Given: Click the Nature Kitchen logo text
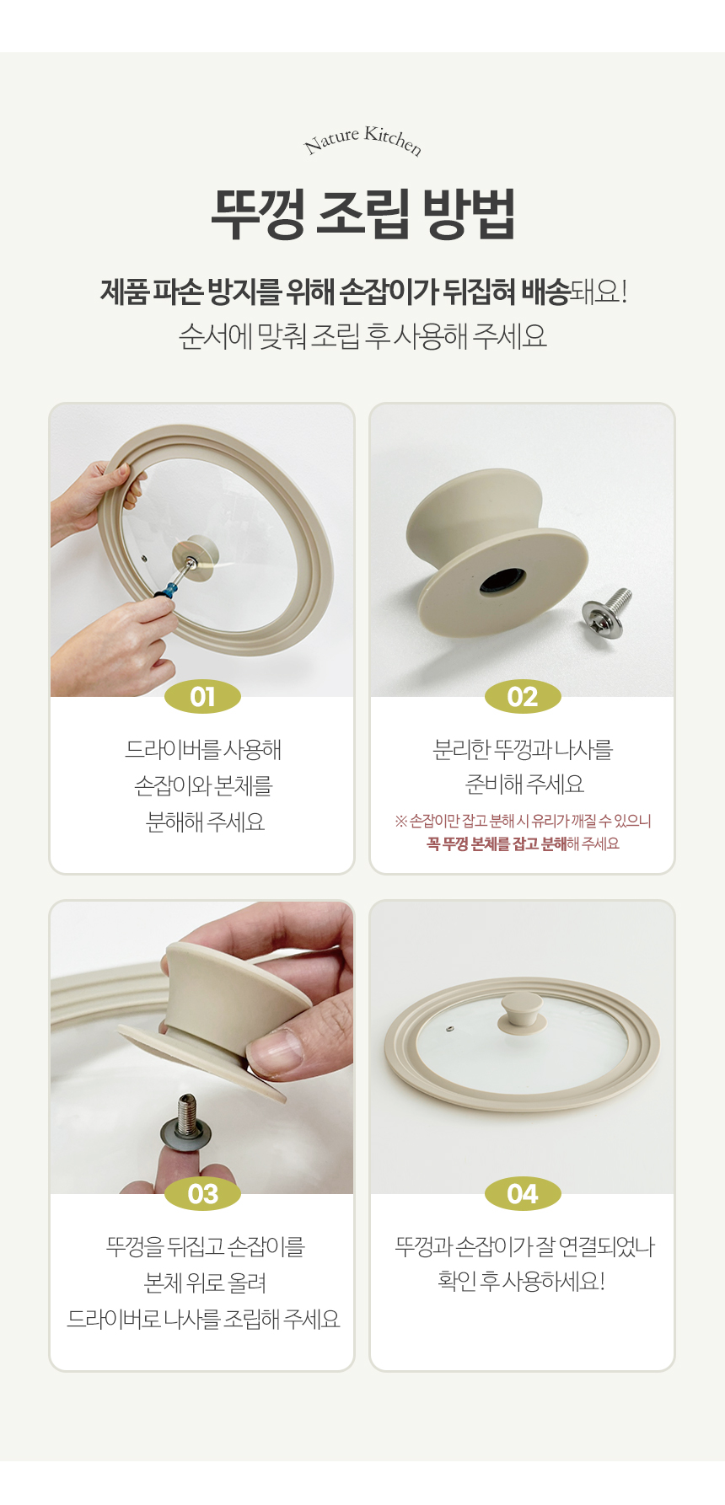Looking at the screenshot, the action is coord(362,141).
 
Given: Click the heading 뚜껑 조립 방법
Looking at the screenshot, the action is coord(362,213).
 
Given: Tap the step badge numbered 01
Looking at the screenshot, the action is coord(202,697).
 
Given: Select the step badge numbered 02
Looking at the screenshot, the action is coord(523,697).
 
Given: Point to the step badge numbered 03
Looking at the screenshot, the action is coord(202,1194).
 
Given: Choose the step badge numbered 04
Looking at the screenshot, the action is coord(523,1194).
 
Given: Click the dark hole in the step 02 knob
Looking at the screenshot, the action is coord(503,581).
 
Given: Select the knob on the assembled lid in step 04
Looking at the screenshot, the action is coord(520,1011).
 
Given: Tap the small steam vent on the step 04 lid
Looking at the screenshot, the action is coord(448,1029).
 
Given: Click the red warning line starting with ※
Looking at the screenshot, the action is coord(523,821).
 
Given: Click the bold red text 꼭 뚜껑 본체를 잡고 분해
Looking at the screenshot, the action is coord(497,844).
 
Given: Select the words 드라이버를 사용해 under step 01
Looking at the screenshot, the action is coord(203,749).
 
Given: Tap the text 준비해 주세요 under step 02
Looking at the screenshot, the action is coord(524,785).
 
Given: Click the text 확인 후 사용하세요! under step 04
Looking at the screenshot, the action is coord(522,1282).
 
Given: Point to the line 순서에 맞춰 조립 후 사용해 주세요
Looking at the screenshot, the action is coord(362,336).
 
